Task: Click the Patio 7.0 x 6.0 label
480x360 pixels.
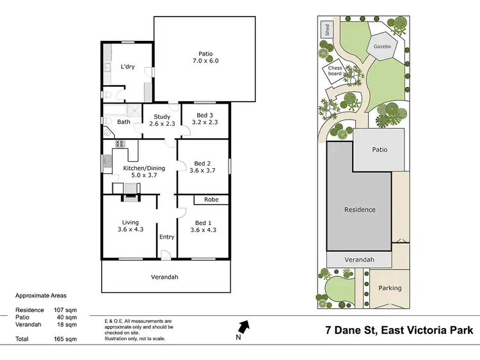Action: pyautogui.click(x=205, y=58)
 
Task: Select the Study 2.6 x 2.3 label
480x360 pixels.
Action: pyautogui.click(x=161, y=120)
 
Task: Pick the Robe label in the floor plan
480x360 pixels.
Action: pyautogui.click(x=211, y=200)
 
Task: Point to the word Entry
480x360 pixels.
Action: pyautogui.click(x=167, y=237)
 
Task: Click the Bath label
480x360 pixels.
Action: pyautogui.click(x=124, y=121)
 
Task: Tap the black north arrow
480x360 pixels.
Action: pyautogui.click(x=244, y=327)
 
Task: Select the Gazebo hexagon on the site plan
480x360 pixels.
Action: pyautogui.click(x=383, y=47)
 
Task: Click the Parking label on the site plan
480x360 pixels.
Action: pyautogui.click(x=390, y=288)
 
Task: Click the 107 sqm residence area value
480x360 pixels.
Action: pyautogui.click(x=68, y=310)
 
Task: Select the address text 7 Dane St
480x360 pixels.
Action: pyautogui.click(x=350, y=331)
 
